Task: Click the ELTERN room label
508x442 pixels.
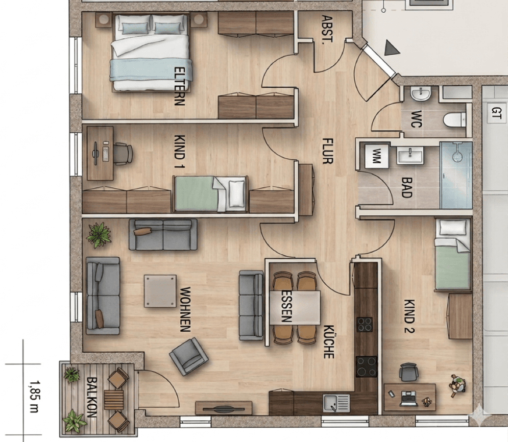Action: click(x=179, y=86)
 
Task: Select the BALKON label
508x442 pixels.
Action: click(x=92, y=397)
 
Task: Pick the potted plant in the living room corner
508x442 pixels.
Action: click(x=98, y=234)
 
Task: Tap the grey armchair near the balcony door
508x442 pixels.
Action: click(x=188, y=356)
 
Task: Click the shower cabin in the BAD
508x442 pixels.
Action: click(x=456, y=175)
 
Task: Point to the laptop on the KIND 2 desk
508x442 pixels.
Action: click(x=409, y=398)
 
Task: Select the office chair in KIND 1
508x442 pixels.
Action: click(x=122, y=153)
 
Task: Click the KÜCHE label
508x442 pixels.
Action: click(x=328, y=341)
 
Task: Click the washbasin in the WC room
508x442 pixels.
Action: click(x=421, y=95)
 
